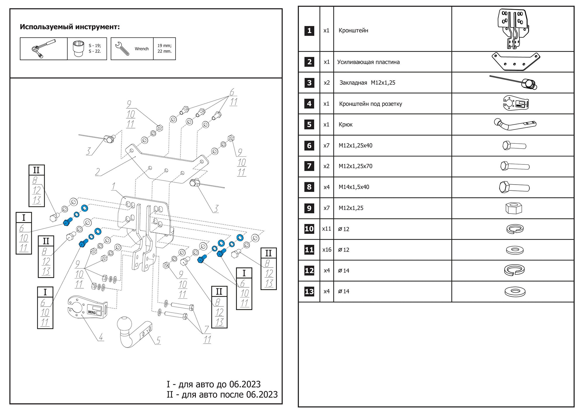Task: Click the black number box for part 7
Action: point(309,166)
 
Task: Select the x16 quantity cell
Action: point(327,250)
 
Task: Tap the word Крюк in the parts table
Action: point(345,124)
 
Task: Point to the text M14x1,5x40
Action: point(354,187)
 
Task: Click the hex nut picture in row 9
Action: point(514,208)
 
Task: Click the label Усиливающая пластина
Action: point(369,62)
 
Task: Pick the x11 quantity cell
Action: point(327,229)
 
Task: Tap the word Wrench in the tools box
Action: point(142,49)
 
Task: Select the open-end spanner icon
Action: point(122,48)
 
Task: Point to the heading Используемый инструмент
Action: point(70,27)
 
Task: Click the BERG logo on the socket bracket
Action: point(92,312)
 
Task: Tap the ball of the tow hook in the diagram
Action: point(125,324)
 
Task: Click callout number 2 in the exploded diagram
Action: point(98,172)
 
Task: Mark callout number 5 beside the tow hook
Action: point(158,340)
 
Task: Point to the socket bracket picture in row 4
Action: point(516,103)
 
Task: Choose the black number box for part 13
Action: point(309,291)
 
